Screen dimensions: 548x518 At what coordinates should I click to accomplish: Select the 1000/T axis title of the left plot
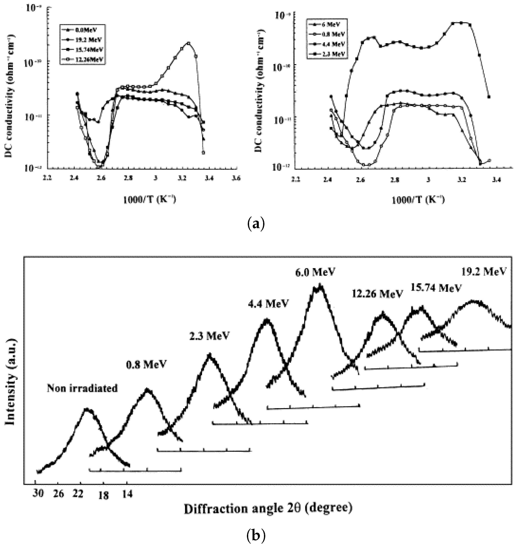click(x=149, y=199)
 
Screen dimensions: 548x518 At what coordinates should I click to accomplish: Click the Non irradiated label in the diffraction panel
click(x=82, y=389)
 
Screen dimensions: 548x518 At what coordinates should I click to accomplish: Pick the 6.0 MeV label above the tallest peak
click(x=315, y=272)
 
